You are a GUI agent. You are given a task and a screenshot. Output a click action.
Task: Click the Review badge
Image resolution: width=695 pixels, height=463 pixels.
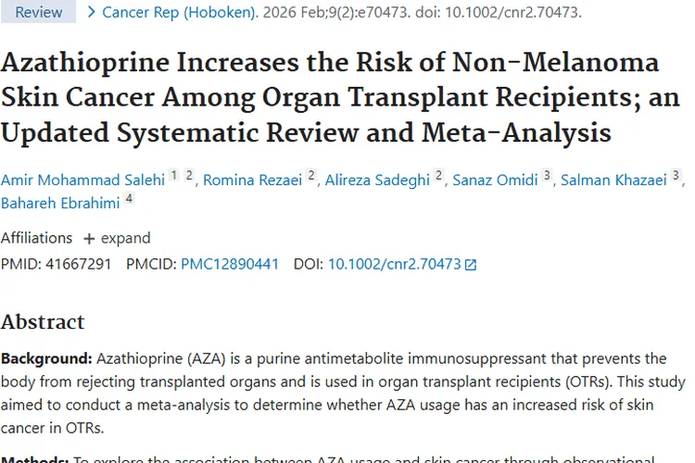click(x=39, y=12)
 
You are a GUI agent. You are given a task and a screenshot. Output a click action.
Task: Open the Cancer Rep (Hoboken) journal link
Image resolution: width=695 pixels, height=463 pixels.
click(x=181, y=12)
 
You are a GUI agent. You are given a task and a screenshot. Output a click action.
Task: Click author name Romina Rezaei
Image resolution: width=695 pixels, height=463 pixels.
click(x=253, y=180)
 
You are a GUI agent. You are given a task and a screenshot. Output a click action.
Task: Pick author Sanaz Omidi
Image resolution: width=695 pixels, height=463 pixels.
click(x=495, y=180)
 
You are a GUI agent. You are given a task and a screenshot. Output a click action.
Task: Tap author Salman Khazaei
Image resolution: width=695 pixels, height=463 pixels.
click(x=614, y=180)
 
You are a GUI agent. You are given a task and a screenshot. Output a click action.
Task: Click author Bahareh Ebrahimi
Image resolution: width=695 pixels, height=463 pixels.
click(x=60, y=201)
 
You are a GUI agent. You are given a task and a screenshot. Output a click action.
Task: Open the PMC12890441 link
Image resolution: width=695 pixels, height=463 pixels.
click(x=230, y=264)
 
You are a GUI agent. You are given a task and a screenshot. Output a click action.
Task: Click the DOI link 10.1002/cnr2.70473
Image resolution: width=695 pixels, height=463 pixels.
click(x=394, y=264)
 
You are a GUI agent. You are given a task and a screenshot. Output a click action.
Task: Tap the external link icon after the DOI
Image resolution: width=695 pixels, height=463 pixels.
click(x=471, y=265)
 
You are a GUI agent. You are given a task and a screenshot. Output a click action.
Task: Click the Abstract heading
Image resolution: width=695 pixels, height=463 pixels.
click(x=43, y=322)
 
